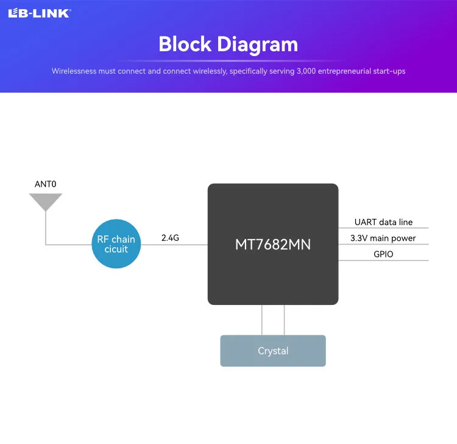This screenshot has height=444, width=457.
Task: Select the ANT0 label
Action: coord(46,184)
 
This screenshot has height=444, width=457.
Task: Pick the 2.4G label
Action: coord(170,238)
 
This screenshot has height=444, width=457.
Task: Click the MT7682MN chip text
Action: coord(273,245)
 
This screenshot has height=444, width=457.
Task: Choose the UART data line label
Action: coord(383,222)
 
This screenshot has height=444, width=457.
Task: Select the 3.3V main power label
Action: coord(383,238)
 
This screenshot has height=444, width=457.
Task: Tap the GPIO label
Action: coord(383,254)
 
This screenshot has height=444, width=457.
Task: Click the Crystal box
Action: coord(273,351)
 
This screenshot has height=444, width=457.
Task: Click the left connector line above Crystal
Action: coord(262,320)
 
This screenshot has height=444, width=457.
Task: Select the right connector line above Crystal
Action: coord(284,320)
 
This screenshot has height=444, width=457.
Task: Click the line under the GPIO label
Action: coord(383,260)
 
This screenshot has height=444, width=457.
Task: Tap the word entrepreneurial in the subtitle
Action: coord(347,71)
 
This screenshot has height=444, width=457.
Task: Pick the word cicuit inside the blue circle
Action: coord(116,249)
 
